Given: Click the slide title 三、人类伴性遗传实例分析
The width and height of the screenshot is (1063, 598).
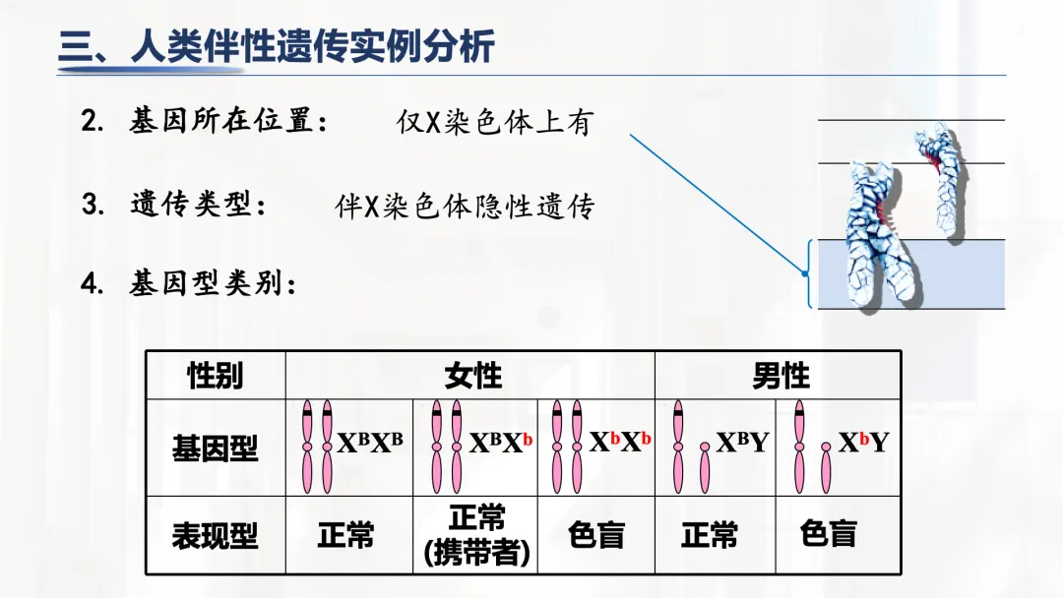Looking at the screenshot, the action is [277, 47].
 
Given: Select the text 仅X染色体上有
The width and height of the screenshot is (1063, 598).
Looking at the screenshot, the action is [494, 123].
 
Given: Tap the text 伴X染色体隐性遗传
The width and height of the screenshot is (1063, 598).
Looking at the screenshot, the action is [465, 207].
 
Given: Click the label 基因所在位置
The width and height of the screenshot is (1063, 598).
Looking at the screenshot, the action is [228, 123].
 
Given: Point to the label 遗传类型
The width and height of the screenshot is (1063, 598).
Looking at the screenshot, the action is [198, 206].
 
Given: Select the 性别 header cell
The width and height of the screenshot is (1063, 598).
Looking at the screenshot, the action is [216, 375].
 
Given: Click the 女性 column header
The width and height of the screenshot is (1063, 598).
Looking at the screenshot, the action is [472, 375].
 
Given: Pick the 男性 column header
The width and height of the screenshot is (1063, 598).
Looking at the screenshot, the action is [780, 375].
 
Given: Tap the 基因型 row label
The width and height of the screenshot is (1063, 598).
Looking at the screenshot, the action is [215, 448].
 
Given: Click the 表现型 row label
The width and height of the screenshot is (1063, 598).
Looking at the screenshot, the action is [215, 536].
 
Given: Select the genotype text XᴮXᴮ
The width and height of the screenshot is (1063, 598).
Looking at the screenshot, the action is [370, 443].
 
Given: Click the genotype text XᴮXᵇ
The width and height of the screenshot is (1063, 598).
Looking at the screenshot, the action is [500, 443].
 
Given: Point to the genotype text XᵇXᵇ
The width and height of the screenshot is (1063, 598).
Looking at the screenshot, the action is [620, 443].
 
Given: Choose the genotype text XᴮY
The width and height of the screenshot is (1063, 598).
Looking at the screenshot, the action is [742, 443].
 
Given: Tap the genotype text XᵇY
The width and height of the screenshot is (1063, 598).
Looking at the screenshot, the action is [863, 443].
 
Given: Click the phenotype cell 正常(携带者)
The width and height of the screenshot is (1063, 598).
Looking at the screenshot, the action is [476, 536].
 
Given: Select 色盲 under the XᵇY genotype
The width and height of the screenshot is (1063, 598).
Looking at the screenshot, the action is [828, 534].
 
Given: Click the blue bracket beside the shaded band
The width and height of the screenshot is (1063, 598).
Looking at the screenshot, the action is [810, 274].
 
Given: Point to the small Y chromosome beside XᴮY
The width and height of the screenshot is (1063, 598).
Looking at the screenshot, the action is [705, 467].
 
